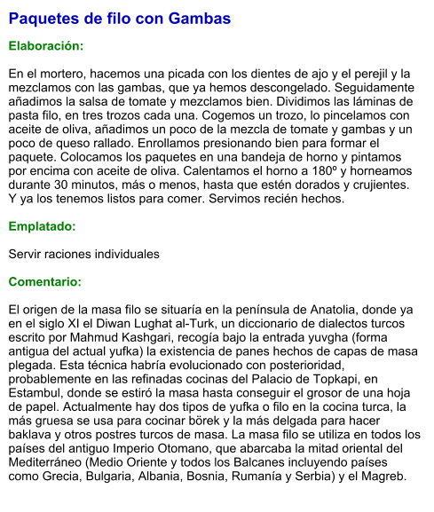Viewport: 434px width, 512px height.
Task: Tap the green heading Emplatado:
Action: click(x=42, y=227)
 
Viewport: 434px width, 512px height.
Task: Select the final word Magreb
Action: click(x=382, y=477)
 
